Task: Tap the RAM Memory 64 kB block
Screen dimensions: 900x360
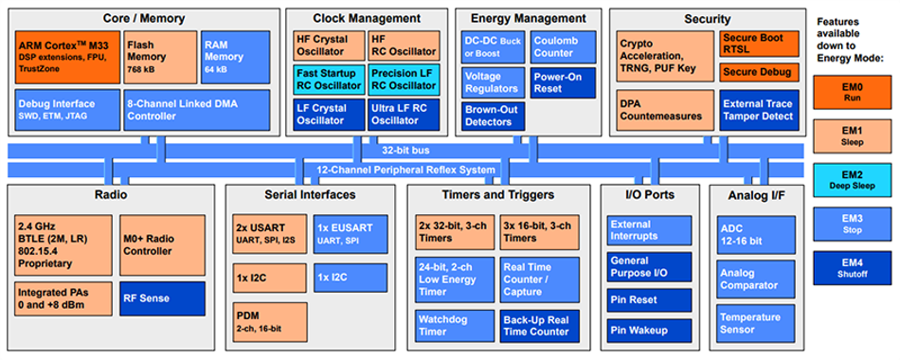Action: [235, 56]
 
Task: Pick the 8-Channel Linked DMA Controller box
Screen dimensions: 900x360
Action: [197, 110]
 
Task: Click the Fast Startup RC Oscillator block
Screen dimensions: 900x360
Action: [329, 80]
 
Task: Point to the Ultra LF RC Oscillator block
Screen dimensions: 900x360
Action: [404, 115]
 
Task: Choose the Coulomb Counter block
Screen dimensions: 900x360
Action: [563, 47]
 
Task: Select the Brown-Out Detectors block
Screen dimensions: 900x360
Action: [493, 116]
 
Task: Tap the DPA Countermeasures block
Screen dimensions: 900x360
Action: [665, 110]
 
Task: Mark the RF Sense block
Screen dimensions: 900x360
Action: [162, 298]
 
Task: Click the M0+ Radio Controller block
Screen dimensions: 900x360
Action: [162, 245]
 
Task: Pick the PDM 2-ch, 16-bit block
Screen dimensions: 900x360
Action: [270, 323]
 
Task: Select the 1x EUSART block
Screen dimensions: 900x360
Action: [351, 234]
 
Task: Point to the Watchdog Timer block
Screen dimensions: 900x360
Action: [455, 326]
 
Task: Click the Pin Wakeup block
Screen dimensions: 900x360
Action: [649, 330]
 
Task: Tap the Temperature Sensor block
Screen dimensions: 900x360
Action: [756, 324]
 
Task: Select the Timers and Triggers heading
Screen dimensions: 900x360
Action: [498, 194]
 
